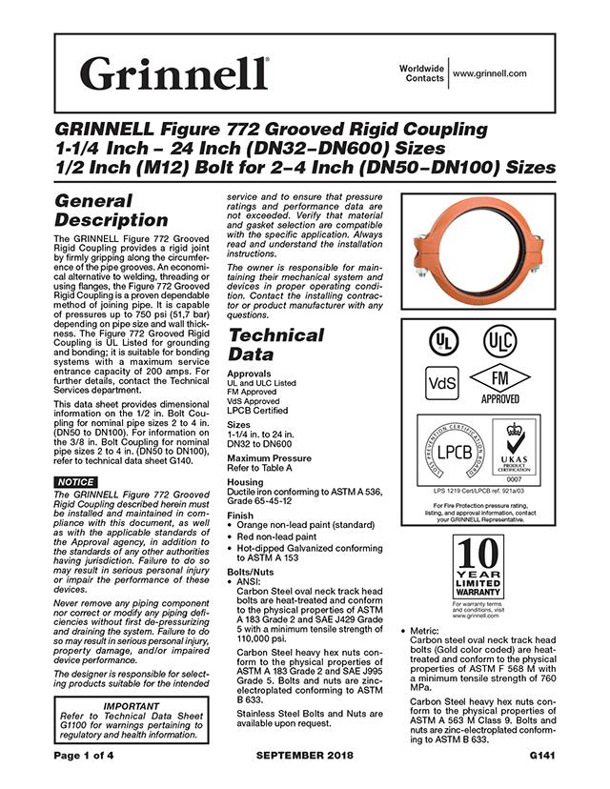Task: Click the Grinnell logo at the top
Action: coord(175,72)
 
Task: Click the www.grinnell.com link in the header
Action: coord(490,72)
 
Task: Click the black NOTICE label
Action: coord(76,481)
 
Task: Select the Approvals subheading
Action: coord(251,374)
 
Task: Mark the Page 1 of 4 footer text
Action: coord(88,756)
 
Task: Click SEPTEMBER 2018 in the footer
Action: coord(304,756)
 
